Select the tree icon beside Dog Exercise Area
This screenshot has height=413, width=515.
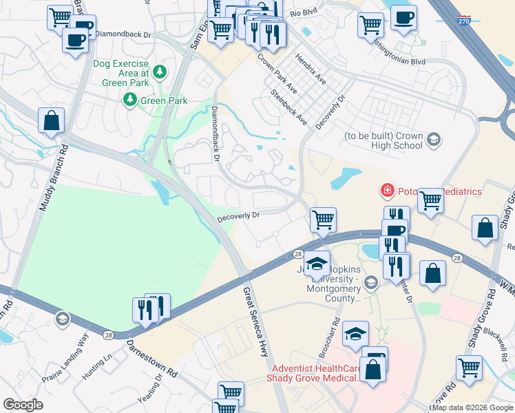[160, 71]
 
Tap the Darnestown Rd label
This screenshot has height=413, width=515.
[151, 358]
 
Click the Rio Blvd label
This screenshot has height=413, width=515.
[306, 13]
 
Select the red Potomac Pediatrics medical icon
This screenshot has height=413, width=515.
[388, 189]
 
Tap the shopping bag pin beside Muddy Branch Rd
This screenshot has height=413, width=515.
[52, 121]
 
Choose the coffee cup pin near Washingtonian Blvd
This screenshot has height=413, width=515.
[403, 17]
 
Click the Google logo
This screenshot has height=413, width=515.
[23, 404]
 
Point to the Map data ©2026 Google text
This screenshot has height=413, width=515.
[472, 407]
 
